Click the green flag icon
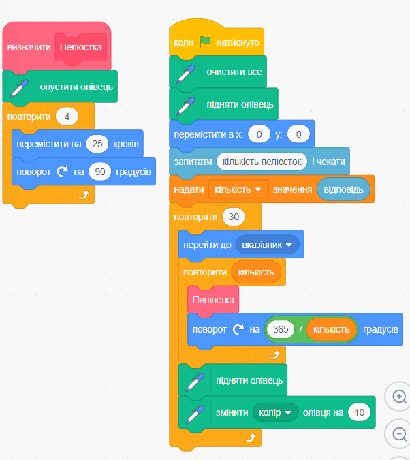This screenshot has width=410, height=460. pos(205,42)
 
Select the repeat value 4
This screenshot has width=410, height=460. pos(67,117)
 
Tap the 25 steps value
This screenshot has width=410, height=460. pos(97,144)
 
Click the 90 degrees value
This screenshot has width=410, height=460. pos(99,172)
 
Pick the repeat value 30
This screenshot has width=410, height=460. pos(234,217)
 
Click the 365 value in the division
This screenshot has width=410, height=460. pos(281,329)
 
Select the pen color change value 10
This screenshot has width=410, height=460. pos(360,412)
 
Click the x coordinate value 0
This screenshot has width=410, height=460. pos(259,134)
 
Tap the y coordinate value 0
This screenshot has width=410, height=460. pos(298,134)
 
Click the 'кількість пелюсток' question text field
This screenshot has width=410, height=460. pos(262,162)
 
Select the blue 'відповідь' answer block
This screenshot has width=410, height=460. pos(343,189)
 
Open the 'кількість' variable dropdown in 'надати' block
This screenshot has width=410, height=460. pos(238,190)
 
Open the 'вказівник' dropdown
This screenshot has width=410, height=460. pos(267,245)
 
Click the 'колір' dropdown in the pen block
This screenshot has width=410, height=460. pos(275,412)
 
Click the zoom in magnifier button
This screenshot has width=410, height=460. pos(399,397)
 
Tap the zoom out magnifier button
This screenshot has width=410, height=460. pos(399,434)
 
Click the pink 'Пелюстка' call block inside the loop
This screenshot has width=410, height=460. pos(213,300)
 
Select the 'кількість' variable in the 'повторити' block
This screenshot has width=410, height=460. pos(256,272)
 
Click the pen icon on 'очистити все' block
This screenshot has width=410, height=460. pos(186,74)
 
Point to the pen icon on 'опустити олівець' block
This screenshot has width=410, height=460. pos(19,88)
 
